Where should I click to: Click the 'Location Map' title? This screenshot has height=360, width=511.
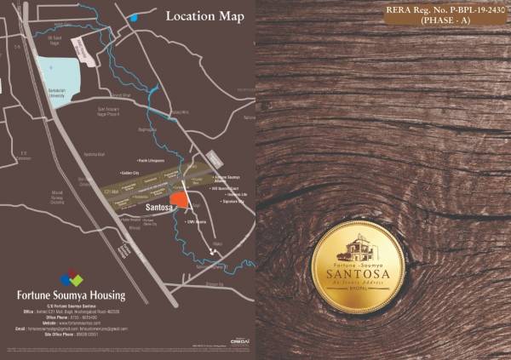204,16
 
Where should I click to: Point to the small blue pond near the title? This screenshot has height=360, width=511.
132,17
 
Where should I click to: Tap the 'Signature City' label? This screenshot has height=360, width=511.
233,203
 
